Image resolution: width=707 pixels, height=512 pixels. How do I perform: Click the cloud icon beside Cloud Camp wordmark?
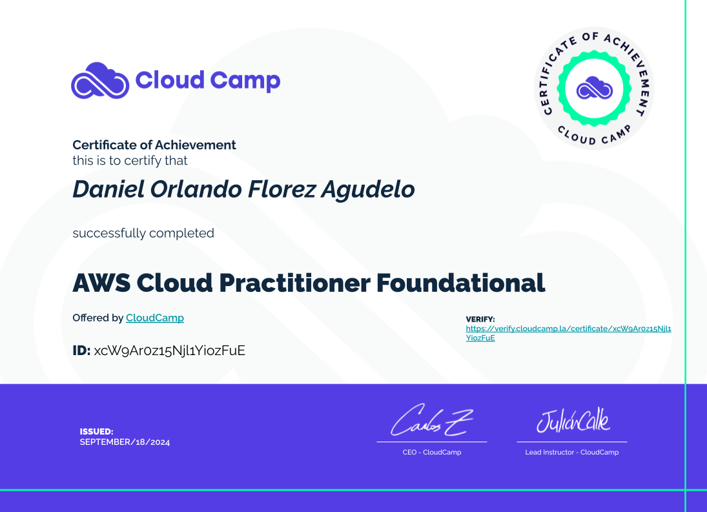[100, 81]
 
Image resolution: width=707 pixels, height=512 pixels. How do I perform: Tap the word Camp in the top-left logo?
[245, 81]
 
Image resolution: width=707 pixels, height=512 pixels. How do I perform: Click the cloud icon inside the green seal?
[594, 88]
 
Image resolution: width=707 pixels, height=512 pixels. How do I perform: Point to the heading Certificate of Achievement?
[154, 145]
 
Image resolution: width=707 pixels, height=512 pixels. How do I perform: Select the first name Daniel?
[108, 189]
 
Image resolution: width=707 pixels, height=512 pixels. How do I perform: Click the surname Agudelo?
[368, 190]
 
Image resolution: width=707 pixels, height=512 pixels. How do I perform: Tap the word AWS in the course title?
[101, 283]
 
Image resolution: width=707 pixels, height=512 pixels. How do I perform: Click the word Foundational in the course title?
[460, 283]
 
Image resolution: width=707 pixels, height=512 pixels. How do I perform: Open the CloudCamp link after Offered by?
[155, 318]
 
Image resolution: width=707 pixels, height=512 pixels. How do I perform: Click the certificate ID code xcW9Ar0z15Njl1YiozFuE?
[170, 351]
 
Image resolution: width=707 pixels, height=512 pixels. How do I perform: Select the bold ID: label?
[81, 350]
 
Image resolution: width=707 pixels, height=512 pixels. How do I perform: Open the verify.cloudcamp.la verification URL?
[568, 333]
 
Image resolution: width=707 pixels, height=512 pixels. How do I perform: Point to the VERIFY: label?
[480, 319]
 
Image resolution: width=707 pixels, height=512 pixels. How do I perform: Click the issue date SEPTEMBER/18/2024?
[125, 442]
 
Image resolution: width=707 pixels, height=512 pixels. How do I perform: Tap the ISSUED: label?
[96, 431]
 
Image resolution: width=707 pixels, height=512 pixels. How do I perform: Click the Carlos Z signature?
[432, 420]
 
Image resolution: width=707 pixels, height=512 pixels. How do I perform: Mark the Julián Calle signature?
[573, 420]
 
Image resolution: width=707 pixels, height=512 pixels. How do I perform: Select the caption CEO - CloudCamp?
[432, 452]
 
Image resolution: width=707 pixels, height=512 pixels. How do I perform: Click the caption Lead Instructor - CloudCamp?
[571, 452]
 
